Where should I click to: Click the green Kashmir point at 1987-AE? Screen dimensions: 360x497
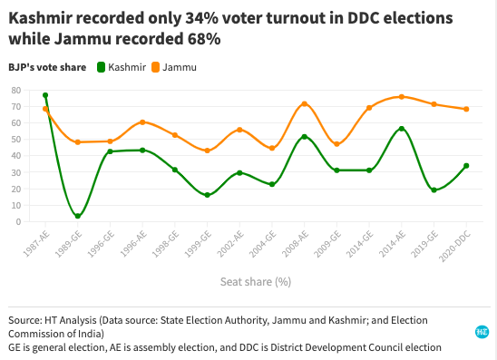[x=45, y=95]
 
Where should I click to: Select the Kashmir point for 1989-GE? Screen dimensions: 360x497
[x=78, y=216]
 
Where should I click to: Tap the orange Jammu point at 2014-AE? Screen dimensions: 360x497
[x=401, y=97]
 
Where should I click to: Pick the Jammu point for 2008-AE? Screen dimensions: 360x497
[x=304, y=104]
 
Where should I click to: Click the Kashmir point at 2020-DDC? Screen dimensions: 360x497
[x=466, y=166]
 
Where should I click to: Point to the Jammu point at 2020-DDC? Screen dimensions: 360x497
[x=466, y=109]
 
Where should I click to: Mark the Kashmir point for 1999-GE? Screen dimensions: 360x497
[x=208, y=195]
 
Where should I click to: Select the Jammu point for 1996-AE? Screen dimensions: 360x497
[x=142, y=122]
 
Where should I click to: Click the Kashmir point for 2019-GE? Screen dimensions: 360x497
[x=434, y=190]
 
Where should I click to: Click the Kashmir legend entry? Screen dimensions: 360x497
[x=124, y=67]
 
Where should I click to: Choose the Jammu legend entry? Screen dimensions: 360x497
[x=179, y=67]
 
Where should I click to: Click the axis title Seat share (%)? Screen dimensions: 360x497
[x=255, y=281]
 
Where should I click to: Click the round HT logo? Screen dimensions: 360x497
[x=482, y=333]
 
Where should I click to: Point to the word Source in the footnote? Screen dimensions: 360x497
[x=24, y=320]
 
